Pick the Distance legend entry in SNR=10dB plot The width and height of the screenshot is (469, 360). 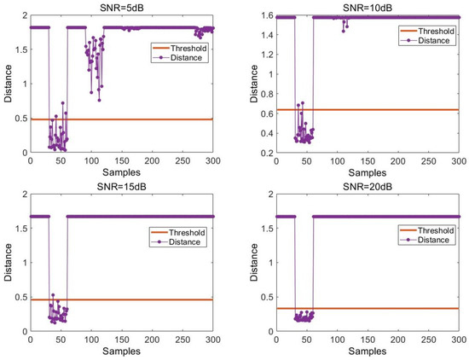tap(431, 41)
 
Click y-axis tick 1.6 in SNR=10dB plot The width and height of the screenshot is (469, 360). tap(256, 16)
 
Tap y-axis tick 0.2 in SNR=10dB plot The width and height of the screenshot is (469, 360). tap(256, 153)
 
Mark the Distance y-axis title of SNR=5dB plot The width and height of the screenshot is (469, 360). tap(7, 84)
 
